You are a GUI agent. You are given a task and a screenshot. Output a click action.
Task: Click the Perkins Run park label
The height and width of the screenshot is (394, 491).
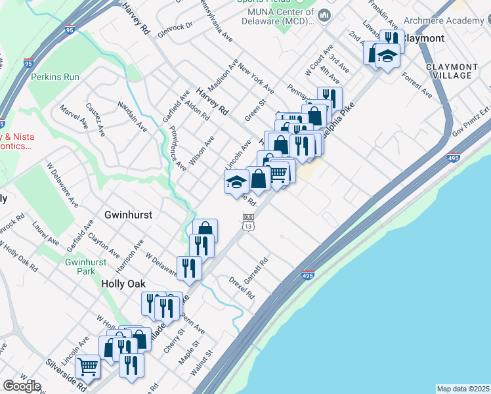tap(54, 77)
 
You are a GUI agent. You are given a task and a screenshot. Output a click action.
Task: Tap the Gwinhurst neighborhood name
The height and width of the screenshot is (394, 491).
tap(129, 215)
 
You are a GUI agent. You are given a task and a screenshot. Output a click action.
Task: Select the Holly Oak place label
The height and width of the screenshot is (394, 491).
tap(124, 284)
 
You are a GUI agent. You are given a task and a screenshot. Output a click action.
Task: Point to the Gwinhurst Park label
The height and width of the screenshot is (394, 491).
tap(81, 266)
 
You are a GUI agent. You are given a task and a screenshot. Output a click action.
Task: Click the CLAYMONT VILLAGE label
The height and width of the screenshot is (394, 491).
tap(452, 71)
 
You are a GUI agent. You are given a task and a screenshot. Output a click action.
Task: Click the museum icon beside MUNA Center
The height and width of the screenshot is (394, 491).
tap(324, 14)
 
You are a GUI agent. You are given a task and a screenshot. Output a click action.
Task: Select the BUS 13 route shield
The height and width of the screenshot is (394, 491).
tap(247, 223)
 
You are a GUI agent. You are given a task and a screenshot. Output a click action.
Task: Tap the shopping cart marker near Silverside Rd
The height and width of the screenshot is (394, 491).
tap(87, 367)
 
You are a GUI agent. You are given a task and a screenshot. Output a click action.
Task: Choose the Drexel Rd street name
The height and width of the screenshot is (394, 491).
tap(242, 288)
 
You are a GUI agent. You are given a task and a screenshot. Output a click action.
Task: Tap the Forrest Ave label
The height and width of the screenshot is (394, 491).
tap(418, 85)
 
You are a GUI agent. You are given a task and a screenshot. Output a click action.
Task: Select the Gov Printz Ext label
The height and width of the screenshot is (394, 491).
tap(475, 119)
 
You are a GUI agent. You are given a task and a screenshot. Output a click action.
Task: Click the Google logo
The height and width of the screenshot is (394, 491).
tap(22, 386)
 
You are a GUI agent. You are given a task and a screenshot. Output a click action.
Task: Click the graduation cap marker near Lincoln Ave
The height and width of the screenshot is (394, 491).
tap(236, 182)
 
